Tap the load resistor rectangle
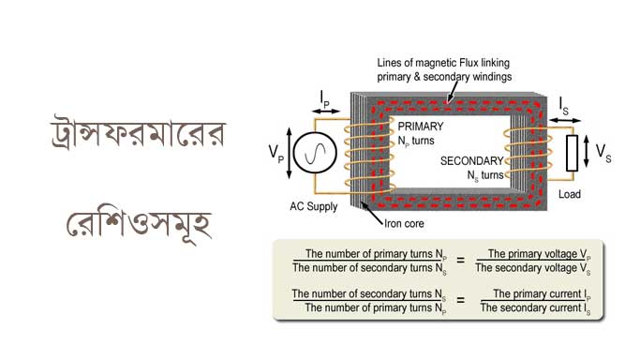572,153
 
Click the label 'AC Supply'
314,206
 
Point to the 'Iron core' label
404,224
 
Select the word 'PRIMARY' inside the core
421,127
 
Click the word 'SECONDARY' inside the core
472,161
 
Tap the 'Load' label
570,194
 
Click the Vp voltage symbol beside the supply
275,154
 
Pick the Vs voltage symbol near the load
603,153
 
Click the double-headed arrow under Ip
325,111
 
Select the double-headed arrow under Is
565,120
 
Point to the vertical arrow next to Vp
290,154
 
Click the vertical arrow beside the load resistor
587,152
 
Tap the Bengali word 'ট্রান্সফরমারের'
138,132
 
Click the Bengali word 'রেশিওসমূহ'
139,225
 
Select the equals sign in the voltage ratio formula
460,260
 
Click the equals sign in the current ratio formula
460,300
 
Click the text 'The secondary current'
530,307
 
